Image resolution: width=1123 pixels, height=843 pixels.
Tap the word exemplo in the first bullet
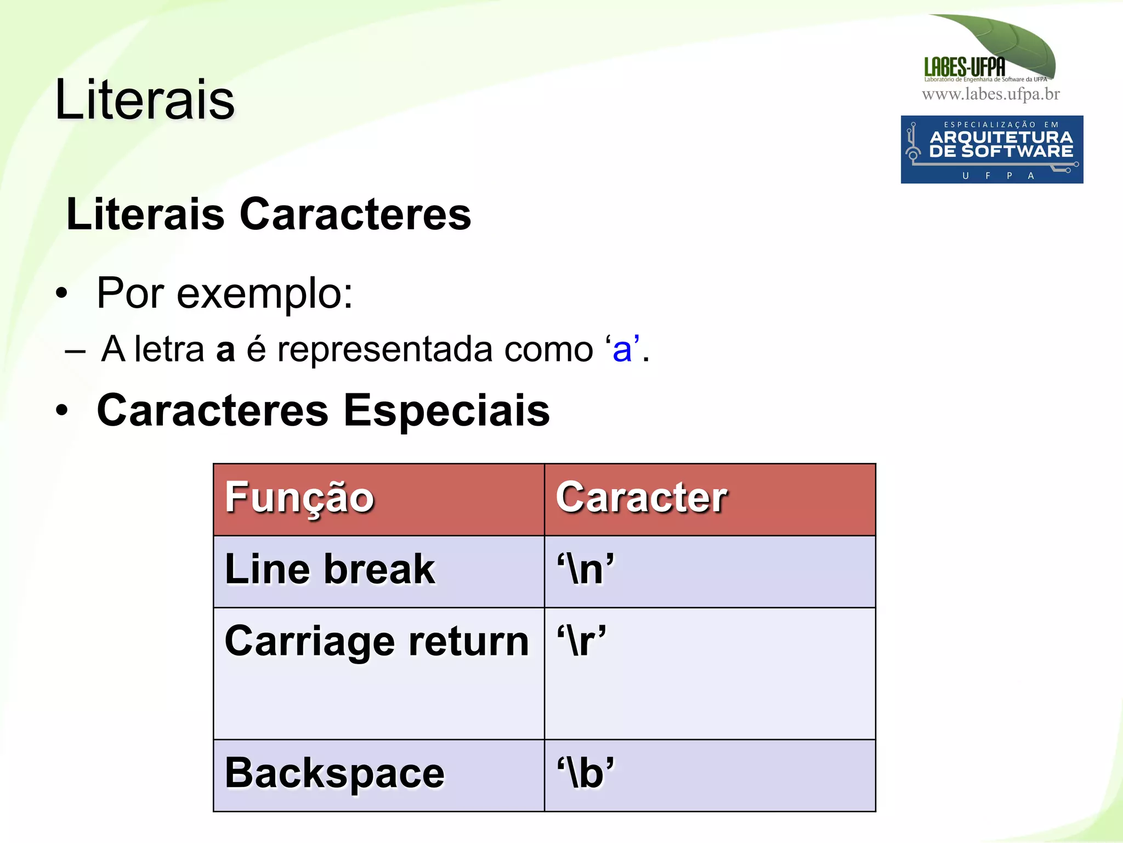coord(264,293)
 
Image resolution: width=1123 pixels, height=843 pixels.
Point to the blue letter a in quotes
coord(622,349)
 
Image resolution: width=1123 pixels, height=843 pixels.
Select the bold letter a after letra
coord(225,350)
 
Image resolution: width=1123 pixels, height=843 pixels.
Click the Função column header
coord(299,497)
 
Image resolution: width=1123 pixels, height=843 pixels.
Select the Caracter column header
coord(641,497)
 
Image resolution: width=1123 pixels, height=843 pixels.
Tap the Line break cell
coord(330,569)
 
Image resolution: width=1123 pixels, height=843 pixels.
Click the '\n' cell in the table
coord(586,569)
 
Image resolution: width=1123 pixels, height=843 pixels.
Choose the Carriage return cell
coord(377,641)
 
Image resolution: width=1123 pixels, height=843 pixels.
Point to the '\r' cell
coord(581,641)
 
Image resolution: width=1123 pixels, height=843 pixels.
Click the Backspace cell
coord(334,773)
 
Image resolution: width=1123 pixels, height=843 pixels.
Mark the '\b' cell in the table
coord(586,773)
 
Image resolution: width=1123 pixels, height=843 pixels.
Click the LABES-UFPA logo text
coord(965,67)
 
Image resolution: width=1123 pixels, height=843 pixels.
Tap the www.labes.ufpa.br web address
coord(991,94)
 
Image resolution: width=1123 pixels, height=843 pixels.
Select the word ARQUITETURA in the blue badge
coord(1001,137)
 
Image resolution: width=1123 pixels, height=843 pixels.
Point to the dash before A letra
coord(75,351)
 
